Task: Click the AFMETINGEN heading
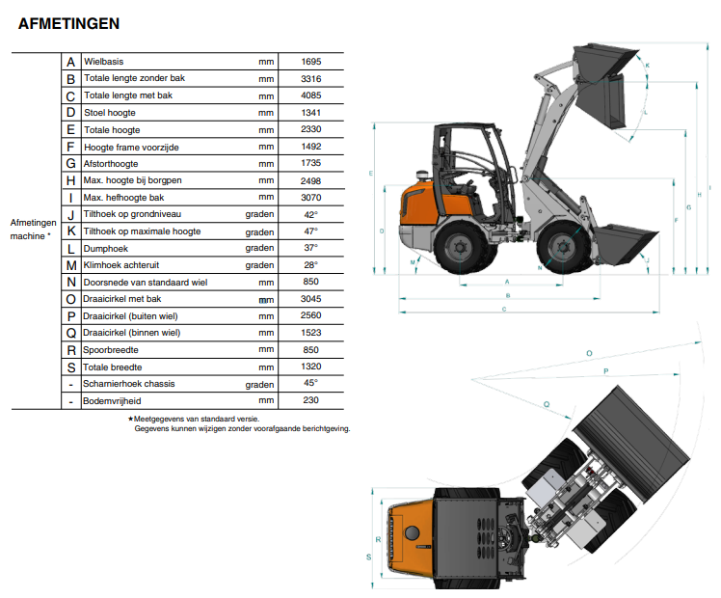(x=69, y=23)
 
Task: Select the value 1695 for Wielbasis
(x=310, y=61)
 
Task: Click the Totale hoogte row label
(x=112, y=130)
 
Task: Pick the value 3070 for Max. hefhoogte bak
(x=310, y=198)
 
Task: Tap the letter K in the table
(x=70, y=231)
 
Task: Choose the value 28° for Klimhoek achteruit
(x=310, y=265)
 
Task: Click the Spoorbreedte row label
(x=110, y=349)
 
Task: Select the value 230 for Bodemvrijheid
(x=310, y=400)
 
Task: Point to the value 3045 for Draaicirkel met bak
(x=310, y=299)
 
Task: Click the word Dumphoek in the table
(x=106, y=249)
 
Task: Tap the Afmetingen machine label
(x=33, y=230)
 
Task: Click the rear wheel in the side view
(x=461, y=247)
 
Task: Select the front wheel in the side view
(x=564, y=247)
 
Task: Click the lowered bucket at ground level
(x=625, y=245)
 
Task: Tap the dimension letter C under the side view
(x=504, y=309)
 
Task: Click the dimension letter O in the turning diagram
(x=589, y=353)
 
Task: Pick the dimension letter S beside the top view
(x=368, y=557)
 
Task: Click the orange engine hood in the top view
(x=411, y=537)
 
